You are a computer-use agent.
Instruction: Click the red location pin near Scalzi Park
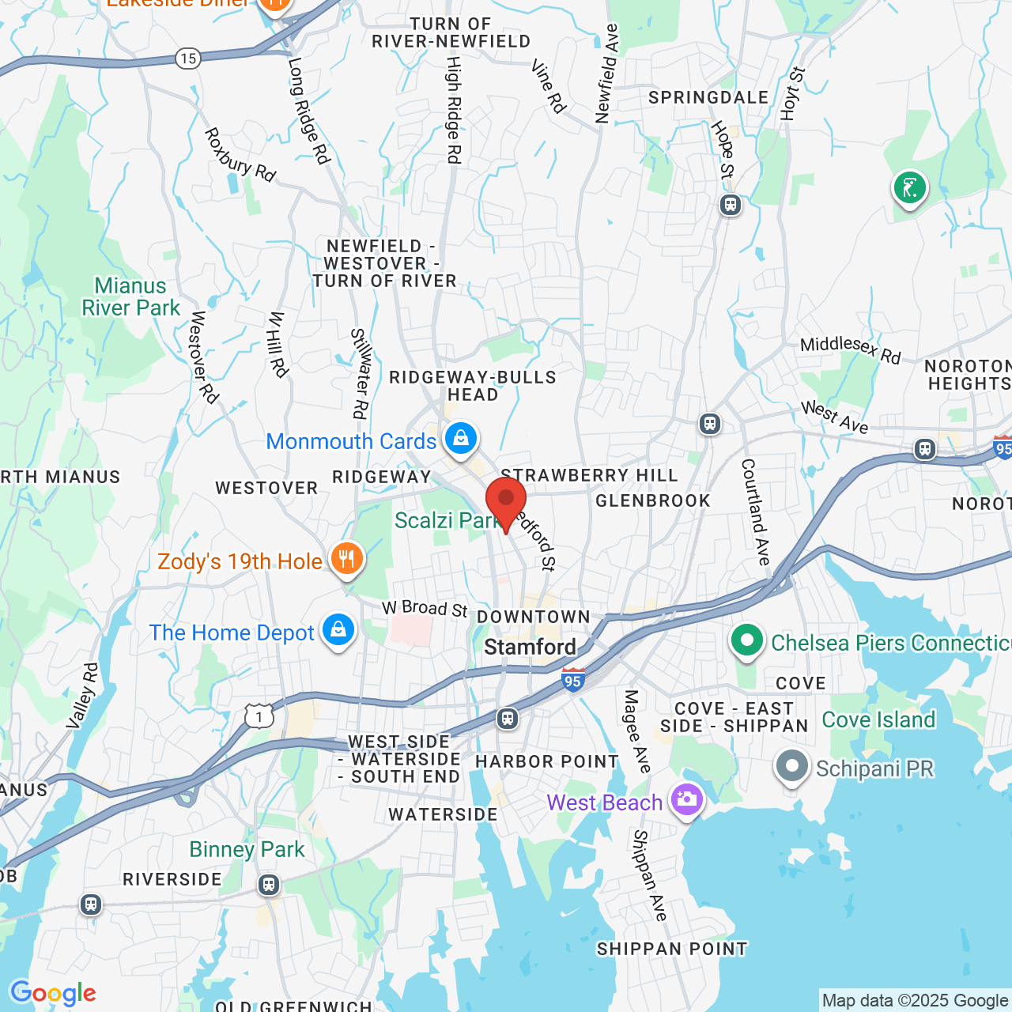506,503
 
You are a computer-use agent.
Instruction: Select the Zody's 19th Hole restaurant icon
346,560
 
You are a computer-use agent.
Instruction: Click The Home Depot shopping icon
338,631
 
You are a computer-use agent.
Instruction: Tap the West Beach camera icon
686,800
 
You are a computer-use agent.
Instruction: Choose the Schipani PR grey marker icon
791,766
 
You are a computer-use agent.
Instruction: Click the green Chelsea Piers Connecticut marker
746,641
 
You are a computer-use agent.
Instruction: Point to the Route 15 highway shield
188,58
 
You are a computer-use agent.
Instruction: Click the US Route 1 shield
259,716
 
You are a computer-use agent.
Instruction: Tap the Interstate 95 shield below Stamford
573,679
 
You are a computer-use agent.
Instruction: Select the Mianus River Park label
131,296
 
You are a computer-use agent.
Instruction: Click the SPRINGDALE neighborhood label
708,97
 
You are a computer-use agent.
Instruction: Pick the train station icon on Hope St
730,206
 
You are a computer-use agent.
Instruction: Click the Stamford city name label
530,647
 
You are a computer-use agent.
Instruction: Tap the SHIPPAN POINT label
672,949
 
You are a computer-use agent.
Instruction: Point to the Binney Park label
247,849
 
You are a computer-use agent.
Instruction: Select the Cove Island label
878,719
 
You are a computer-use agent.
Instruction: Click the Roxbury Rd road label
240,155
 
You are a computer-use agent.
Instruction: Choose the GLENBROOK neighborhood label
653,500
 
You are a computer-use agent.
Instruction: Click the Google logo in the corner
53,993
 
